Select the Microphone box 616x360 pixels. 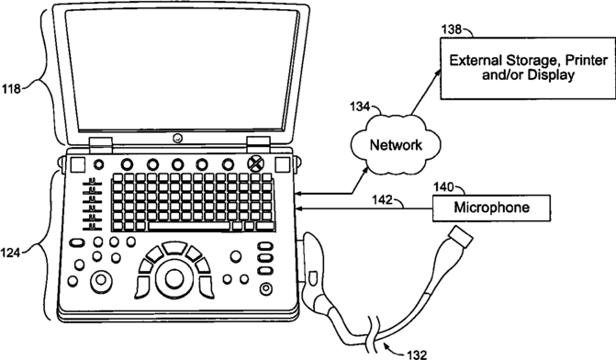click(x=491, y=208)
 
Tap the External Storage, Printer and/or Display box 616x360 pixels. click(x=528, y=68)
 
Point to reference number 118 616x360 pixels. click(x=11, y=89)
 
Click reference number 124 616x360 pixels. click(x=11, y=253)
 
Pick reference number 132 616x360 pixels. click(x=417, y=354)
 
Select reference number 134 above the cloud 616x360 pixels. click(x=360, y=107)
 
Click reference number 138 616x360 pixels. click(x=452, y=29)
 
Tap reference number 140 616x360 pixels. click(x=443, y=186)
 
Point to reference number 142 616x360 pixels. click(x=382, y=199)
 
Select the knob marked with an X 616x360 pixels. click(x=255, y=163)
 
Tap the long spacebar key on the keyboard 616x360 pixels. click(x=189, y=226)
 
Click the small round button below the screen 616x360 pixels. click(x=178, y=138)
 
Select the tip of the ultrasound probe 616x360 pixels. click(x=462, y=237)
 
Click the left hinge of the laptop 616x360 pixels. click(x=101, y=145)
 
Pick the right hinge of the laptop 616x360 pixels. click(x=259, y=144)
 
